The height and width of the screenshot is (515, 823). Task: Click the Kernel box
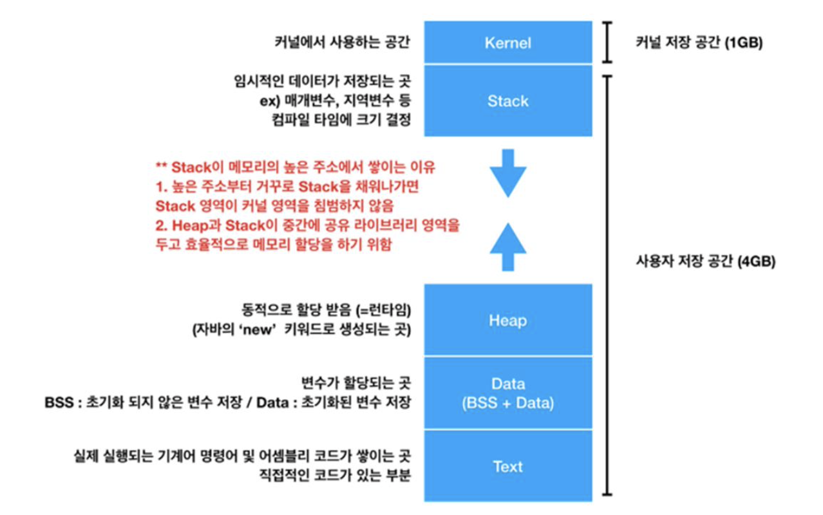(507, 43)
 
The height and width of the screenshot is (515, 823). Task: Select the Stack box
(507, 101)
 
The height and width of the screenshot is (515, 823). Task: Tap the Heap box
(507, 320)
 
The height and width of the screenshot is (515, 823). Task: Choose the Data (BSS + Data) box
(507, 393)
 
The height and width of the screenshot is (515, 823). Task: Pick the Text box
(507, 466)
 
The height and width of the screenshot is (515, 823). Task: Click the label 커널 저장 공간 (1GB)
(698, 44)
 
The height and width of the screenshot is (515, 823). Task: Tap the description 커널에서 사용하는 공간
(342, 44)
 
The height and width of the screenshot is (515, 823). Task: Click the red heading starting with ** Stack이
(296, 167)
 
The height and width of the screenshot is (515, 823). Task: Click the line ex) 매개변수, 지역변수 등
(331, 101)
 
